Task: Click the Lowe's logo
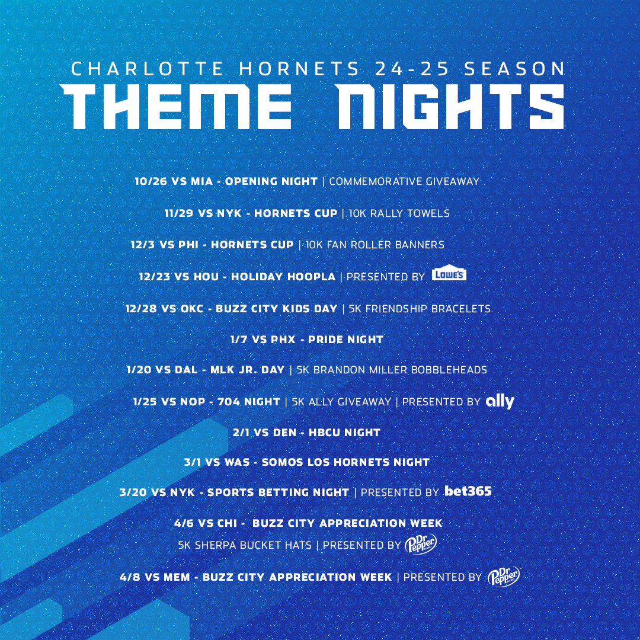[449, 275]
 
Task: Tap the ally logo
[500, 402]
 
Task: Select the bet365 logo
[468, 491]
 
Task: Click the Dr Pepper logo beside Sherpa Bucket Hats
[421, 544]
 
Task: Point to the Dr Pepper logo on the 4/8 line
[504, 576]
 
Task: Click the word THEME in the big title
[177, 107]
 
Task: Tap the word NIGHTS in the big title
[450, 107]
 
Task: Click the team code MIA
[201, 181]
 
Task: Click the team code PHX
[283, 340]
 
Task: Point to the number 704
[228, 402]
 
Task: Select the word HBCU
[324, 432]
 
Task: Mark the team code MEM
[177, 577]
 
